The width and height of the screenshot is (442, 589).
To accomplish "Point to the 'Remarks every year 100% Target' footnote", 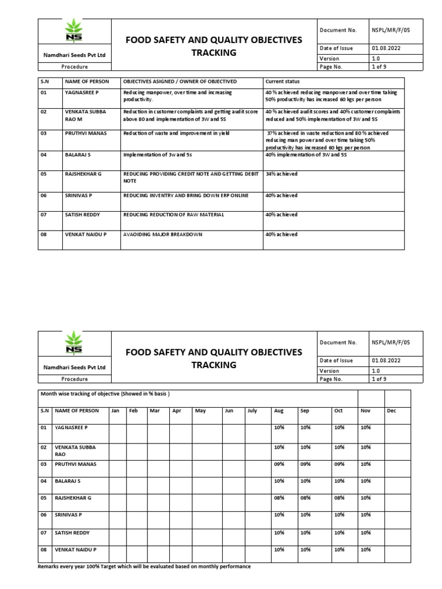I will (x=144, y=567).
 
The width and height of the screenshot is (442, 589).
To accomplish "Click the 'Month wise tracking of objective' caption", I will (x=105, y=393).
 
